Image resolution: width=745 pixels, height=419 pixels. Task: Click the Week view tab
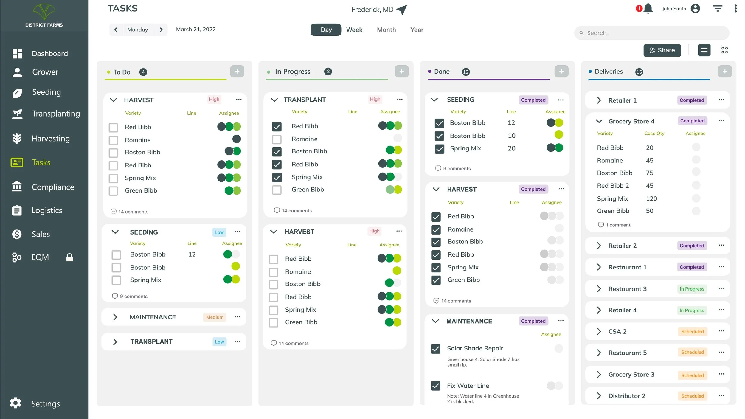354,30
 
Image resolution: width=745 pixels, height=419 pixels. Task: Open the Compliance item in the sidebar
52,187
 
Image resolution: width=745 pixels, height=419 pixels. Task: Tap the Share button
662,50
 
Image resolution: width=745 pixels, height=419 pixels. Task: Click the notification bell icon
648,9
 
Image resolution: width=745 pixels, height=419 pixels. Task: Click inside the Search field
653,33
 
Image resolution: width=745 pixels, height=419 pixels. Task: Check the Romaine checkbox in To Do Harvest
113,140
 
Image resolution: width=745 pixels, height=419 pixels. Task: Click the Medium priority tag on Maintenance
215,317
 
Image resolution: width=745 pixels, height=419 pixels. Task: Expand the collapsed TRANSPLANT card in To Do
115,342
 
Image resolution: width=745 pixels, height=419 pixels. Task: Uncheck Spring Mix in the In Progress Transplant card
277,177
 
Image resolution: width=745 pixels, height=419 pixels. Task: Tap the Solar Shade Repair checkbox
435,349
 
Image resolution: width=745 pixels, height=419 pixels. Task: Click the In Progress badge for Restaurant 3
692,289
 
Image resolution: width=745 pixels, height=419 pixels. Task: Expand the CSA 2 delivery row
599,331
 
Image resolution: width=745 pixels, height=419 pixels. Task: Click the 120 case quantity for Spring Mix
651,198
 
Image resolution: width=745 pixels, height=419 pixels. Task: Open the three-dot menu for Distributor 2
721,395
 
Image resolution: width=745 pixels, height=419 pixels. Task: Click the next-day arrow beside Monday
161,30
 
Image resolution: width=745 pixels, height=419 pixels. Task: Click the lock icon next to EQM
69,257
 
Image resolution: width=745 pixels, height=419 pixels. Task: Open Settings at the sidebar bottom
45,404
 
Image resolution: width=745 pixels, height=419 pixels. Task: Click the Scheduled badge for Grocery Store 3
692,375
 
